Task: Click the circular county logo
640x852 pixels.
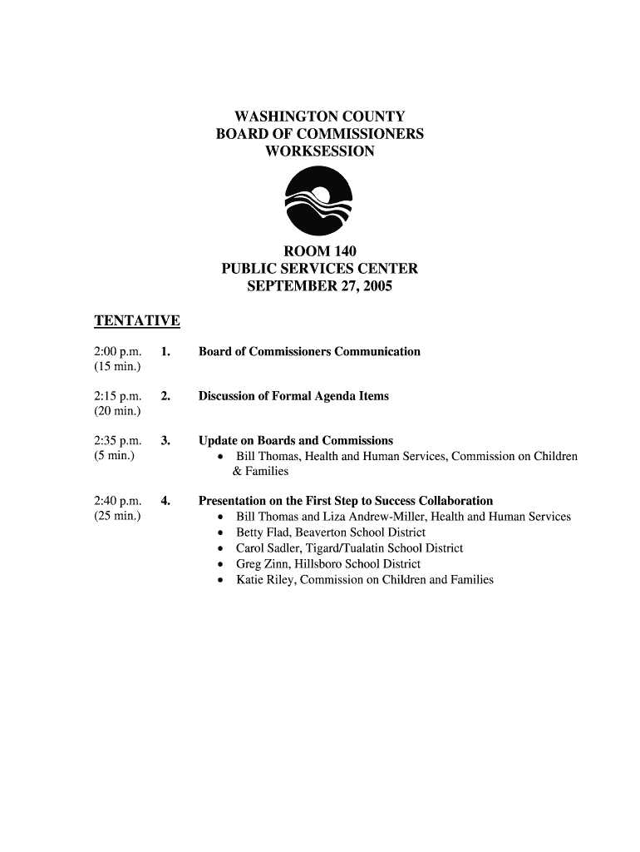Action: tap(319, 201)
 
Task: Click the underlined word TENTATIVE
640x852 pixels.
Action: tap(137, 321)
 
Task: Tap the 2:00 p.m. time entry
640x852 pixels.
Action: tap(118, 352)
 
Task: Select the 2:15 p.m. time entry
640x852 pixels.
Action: tap(118, 396)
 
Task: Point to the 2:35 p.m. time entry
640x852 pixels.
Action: tap(118, 440)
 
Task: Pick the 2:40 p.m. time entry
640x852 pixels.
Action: tap(118, 501)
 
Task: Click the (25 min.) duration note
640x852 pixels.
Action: tap(118, 517)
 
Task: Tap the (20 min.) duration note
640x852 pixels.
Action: tap(118, 412)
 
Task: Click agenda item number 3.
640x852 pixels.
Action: tap(166, 440)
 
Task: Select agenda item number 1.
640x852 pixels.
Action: tap(166, 352)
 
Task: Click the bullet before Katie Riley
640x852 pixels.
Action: tap(219, 581)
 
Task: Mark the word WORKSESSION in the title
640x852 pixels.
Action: tap(319, 152)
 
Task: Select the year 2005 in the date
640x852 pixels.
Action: tap(375, 287)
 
